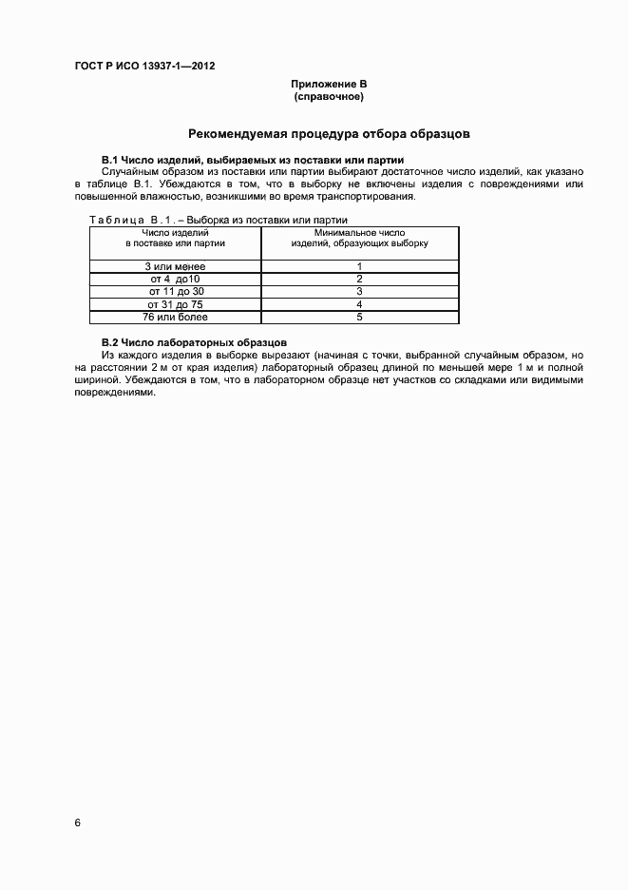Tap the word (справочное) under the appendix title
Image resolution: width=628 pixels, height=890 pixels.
point(329,97)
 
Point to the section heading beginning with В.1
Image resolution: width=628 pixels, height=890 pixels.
point(253,160)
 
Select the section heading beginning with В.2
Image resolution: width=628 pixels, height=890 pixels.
point(195,341)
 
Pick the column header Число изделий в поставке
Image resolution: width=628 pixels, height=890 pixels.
point(176,238)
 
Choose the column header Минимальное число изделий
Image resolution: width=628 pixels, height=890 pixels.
point(359,238)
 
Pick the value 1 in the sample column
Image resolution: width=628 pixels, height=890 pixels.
point(359,266)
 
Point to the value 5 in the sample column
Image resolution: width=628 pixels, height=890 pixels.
point(359,317)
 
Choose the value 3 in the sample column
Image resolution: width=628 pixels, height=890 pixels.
point(359,291)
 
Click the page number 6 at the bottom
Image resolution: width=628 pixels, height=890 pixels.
point(78,822)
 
